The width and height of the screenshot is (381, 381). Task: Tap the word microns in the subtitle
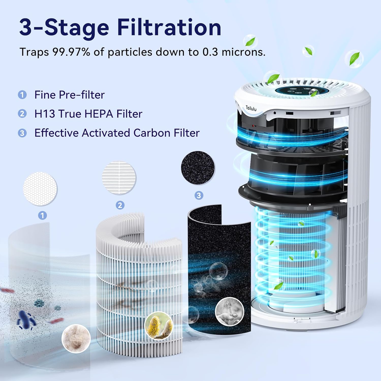243,52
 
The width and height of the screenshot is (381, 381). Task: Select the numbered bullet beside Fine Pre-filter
22,95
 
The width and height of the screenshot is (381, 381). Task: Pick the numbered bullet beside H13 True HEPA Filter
22,114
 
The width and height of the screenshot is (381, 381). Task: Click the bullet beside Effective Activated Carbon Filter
22,133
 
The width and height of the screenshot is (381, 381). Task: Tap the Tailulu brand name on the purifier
251,108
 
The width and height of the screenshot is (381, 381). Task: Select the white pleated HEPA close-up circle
119,178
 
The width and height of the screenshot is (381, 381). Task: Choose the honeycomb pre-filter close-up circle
40,189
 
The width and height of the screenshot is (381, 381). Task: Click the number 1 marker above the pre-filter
42,215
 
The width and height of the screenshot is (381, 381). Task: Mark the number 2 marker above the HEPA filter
120,205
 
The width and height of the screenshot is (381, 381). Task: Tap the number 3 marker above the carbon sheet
199,195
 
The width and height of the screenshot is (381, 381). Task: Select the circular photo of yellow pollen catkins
159,326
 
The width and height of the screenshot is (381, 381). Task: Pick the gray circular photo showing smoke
229,312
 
